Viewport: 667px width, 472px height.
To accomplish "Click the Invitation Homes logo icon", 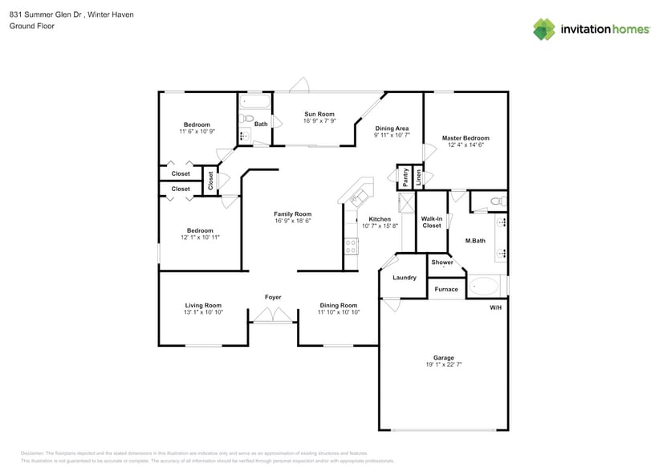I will point(544,30).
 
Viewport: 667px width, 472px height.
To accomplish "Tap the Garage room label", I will point(443,357).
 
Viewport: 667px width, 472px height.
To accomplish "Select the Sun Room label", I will point(319,114).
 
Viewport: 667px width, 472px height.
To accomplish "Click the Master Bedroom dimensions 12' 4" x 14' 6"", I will point(466,145).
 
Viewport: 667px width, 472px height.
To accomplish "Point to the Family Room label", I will point(292,214).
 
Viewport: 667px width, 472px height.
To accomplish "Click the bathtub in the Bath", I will point(255,103).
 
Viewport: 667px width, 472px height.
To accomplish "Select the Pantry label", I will point(406,177).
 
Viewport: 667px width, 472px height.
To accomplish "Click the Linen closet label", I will point(418,177).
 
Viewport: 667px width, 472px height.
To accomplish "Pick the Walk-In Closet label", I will point(432,222).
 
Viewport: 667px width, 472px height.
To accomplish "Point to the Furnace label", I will point(446,289).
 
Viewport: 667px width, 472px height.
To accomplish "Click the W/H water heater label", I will point(495,308).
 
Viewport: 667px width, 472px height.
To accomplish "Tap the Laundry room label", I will point(405,278).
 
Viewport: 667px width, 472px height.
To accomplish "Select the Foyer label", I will point(273,297).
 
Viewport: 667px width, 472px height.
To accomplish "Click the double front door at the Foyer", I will point(273,317).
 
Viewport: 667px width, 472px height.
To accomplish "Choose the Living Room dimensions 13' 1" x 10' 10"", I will point(203,312).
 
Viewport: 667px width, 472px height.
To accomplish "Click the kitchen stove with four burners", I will point(351,246).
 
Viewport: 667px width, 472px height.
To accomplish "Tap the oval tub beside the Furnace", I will point(485,286).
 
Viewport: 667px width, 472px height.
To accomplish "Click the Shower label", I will point(442,262).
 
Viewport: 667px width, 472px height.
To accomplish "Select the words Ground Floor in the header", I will point(31,26).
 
